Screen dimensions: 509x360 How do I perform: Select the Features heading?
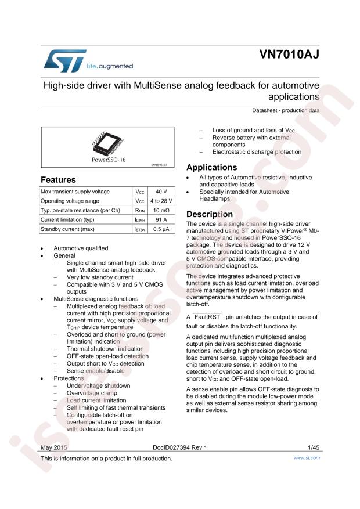58,180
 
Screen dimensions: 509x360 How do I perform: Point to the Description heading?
209,214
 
